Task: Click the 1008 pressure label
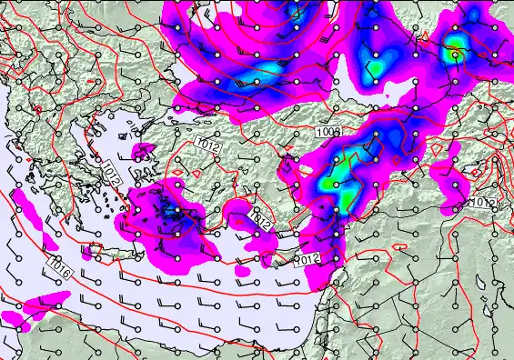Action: [x=328, y=133]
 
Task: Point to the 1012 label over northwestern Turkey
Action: [x=207, y=143]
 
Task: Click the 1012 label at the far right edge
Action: [x=483, y=202]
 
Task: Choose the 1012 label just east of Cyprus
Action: [x=309, y=260]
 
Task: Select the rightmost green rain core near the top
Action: [x=453, y=53]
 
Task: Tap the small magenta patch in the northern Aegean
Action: [x=143, y=149]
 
